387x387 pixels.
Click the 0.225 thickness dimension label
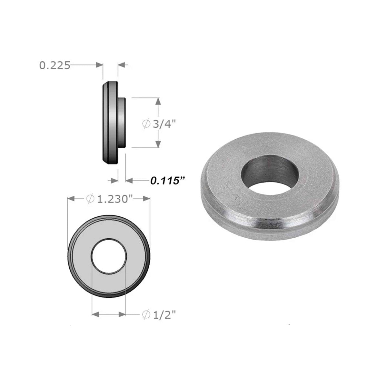click(x=55, y=65)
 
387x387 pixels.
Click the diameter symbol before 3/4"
click(x=146, y=124)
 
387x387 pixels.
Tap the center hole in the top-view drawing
click(x=109, y=256)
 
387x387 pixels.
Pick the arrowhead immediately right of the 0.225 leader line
click(x=100, y=65)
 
